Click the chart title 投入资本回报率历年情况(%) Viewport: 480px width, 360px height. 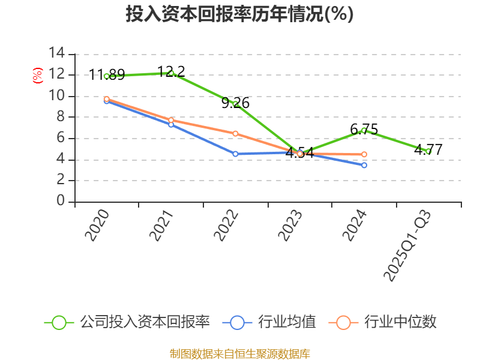(239, 14)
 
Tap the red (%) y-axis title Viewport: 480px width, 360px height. (37, 76)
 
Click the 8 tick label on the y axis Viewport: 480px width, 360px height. (60, 117)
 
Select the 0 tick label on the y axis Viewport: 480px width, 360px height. (60, 202)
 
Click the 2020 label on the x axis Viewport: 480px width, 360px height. (97, 226)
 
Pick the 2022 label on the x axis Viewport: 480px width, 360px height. (226, 226)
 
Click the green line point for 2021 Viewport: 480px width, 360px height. (171, 73)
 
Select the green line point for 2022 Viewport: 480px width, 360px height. (236, 104)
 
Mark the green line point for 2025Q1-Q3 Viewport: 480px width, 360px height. (428, 151)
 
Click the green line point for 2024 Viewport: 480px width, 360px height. (364, 130)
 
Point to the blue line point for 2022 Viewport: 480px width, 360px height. (235, 154)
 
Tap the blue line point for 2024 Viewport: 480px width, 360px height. (364, 165)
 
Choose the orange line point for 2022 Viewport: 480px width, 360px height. (235, 133)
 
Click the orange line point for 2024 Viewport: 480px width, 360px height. (364, 154)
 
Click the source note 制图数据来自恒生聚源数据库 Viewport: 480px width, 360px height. (239, 353)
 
